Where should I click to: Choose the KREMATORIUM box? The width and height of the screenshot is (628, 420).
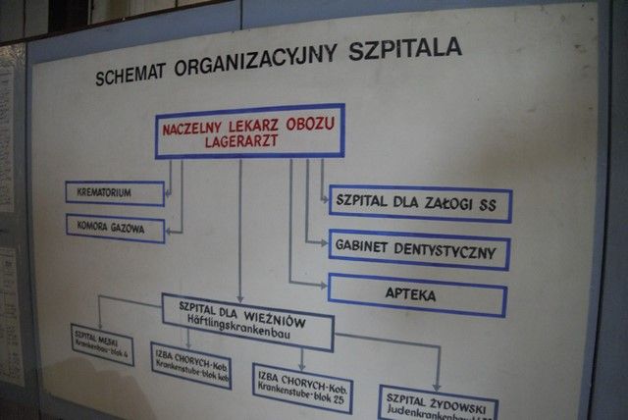[x=114, y=192]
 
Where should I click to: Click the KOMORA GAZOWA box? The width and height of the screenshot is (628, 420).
[x=114, y=226]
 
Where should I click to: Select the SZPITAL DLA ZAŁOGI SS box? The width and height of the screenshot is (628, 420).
[x=420, y=204]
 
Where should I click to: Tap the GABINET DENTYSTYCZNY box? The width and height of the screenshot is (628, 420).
[x=419, y=250]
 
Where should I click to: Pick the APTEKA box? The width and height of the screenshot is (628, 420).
[x=417, y=294]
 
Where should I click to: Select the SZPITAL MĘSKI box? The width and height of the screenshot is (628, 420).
[x=102, y=343]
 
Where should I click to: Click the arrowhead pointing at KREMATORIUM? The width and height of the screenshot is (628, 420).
[x=168, y=193]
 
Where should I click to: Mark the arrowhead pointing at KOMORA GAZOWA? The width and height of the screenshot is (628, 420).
[x=172, y=231]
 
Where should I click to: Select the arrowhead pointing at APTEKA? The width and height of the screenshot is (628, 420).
[x=323, y=286]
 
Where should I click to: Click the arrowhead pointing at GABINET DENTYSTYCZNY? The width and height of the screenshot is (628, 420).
[x=323, y=241]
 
